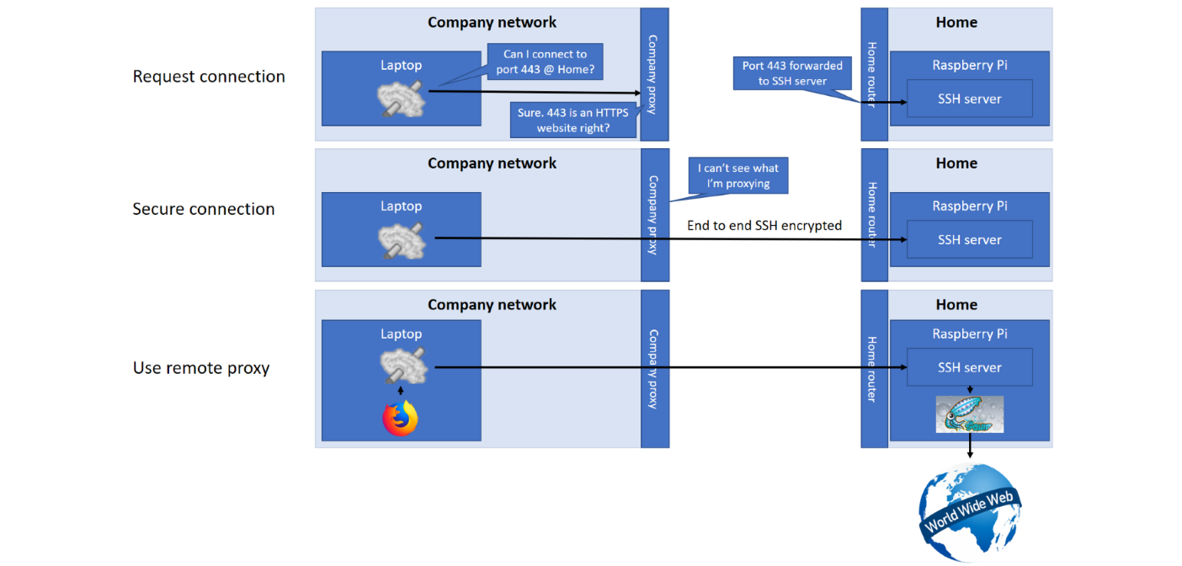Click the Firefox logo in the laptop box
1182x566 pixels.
400,418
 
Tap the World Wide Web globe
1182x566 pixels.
970,512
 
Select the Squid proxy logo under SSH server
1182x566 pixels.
970,414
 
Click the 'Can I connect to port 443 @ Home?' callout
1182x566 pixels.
545,61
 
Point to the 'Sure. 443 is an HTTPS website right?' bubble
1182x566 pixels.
573,120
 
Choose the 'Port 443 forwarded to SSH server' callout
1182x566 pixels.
792,73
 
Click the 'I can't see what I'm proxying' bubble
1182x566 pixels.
738,176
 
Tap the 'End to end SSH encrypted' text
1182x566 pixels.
764,226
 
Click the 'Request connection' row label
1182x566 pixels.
209,77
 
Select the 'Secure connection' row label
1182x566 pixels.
203,209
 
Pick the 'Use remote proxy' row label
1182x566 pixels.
201,368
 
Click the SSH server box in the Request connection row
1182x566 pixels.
970,99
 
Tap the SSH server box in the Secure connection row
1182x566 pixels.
970,240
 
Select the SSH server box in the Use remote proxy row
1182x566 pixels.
970,367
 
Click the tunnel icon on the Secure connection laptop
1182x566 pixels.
402,241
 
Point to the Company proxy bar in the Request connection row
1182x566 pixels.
654,74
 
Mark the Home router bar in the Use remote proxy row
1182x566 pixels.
875,369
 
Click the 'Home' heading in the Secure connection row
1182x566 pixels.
956,163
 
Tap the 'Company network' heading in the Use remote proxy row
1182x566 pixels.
492,305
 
